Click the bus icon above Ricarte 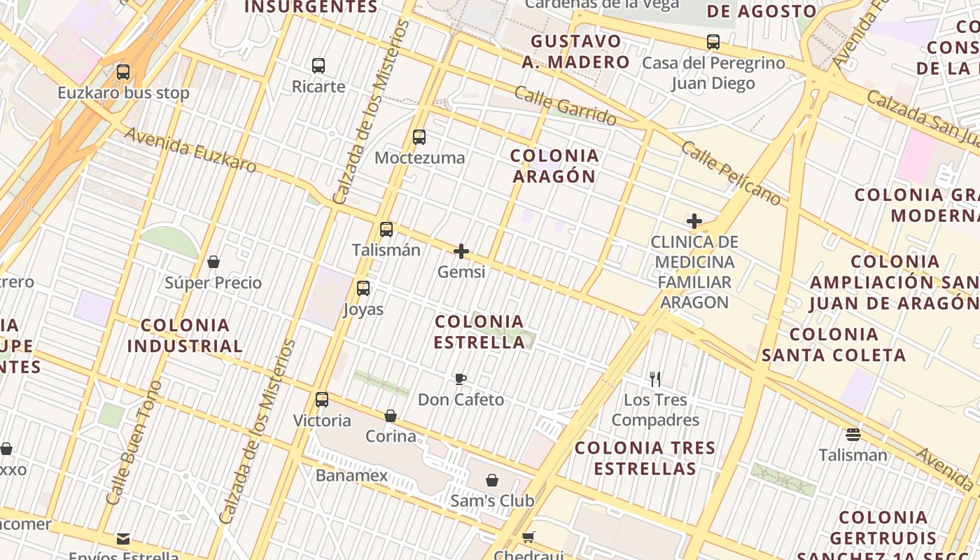(318, 66)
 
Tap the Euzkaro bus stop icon (123, 71)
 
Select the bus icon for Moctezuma (419, 137)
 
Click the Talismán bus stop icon (386, 230)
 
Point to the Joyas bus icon (363, 288)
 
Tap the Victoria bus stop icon (322, 400)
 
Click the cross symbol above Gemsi (461, 251)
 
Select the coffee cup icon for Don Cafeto (461, 379)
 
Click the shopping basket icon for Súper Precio (213, 262)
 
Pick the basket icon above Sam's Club (492, 480)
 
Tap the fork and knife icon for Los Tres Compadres (655, 379)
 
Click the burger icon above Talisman (853, 435)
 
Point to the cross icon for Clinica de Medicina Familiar (694, 222)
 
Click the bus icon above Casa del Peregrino (713, 42)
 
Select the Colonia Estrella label (479, 332)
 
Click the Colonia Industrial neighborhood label (185, 335)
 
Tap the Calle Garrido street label (566, 106)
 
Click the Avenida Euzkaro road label (190, 150)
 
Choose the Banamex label (351, 476)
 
